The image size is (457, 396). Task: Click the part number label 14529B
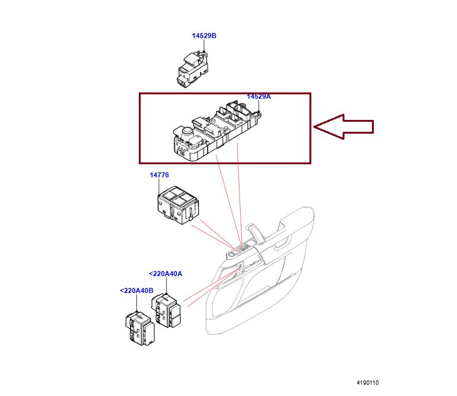pyautogui.click(x=204, y=36)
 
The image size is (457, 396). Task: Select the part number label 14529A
pyautogui.click(x=258, y=97)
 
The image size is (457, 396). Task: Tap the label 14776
pyautogui.click(x=159, y=175)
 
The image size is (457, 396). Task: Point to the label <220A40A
pyautogui.click(x=165, y=274)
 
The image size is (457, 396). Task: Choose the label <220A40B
pyautogui.click(x=136, y=290)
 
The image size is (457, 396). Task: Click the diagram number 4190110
pyautogui.click(x=368, y=383)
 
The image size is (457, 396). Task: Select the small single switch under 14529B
pyautogui.click(x=193, y=68)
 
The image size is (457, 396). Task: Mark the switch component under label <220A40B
pyautogui.click(x=139, y=326)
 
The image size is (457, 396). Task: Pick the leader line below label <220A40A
pyautogui.click(x=166, y=285)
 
